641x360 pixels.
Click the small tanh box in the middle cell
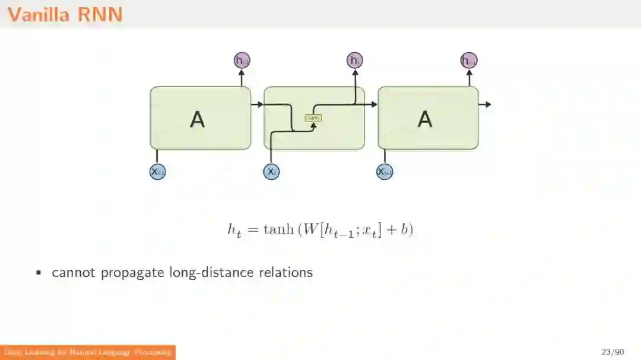(x=313, y=117)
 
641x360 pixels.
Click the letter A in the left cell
(x=197, y=119)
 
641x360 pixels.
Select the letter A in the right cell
(x=425, y=119)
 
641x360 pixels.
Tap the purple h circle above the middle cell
(x=354, y=60)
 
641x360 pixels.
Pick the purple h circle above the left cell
(x=242, y=60)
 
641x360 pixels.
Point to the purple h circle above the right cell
(x=469, y=60)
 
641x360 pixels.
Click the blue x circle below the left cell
(x=157, y=171)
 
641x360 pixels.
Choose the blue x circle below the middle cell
(x=271, y=171)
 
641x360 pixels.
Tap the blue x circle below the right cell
(x=385, y=171)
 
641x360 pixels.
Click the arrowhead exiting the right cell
(x=488, y=104)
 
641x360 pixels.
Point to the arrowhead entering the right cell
(x=374, y=104)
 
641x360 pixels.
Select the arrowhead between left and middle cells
(x=260, y=104)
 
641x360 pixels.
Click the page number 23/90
(x=612, y=352)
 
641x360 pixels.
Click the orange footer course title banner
(x=88, y=352)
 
